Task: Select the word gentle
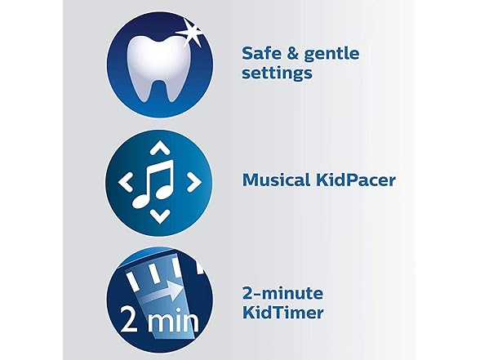click(x=327, y=54)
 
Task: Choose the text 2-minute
click(x=282, y=292)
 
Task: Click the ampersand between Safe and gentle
click(x=288, y=53)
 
